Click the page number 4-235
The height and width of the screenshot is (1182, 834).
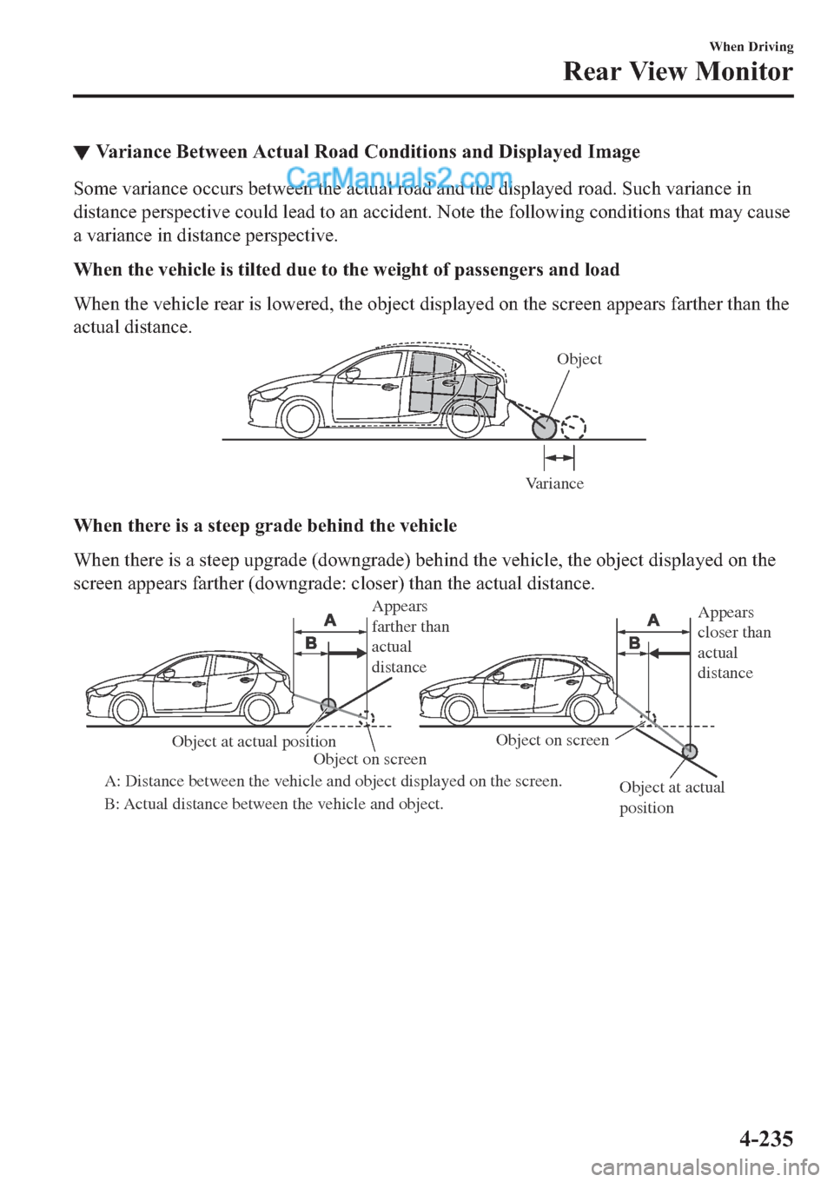point(766,1139)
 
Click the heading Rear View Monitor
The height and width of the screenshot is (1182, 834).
point(678,71)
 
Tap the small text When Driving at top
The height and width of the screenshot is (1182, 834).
point(751,47)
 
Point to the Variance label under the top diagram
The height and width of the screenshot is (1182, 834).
point(554,483)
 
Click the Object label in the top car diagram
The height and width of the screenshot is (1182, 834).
point(579,359)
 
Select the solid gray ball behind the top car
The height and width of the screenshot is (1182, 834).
point(545,428)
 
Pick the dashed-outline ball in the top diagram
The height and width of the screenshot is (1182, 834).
point(573,428)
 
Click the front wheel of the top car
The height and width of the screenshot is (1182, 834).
point(300,419)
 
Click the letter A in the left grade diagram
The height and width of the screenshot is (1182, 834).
point(330,620)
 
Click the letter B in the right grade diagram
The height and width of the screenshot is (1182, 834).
point(634,643)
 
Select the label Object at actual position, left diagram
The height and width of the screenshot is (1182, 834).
point(254,741)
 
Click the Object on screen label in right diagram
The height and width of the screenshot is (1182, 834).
point(553,740)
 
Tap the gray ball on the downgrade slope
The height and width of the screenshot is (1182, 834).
point(689,752)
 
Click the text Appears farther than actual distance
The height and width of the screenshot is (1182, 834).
point(410,637)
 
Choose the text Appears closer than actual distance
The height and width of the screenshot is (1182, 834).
point(733,642)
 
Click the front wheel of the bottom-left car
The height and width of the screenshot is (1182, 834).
point(128,710)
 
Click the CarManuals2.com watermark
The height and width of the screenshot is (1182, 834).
point(399,180)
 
